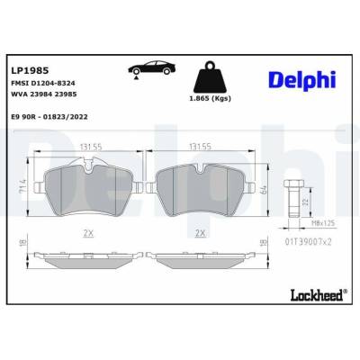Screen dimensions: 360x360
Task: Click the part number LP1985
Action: click(x=30, y=71)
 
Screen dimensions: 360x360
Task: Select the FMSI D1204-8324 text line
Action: click(x=43, y=83)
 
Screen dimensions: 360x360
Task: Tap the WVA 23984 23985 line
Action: click(x=44, y=94)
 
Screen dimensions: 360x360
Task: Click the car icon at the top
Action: click(x=151, y=69)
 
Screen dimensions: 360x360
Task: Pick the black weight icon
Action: click(x=210, y=77)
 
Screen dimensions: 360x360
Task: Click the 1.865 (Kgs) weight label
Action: click(x=210, y=98)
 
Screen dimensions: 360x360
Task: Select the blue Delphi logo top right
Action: click(x=302, y=80)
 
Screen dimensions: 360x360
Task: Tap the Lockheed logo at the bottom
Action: click(x=317, y=295)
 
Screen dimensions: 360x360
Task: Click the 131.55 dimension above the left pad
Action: click(x=91, y=147)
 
